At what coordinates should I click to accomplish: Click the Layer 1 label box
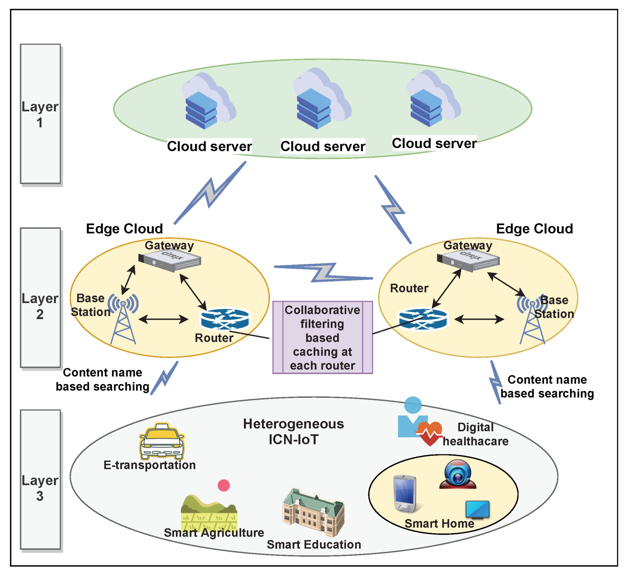click(40, 114)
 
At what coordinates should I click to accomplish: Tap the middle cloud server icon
click(321, 100)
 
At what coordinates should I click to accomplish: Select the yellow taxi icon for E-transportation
click(162, 441)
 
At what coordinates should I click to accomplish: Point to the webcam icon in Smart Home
click(458, 474)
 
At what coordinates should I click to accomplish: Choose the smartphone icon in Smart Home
click(405, 494)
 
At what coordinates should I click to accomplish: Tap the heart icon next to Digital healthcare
click(430, 433)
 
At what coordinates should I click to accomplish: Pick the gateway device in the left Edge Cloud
click(169, 260)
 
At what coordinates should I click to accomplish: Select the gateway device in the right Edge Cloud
click(468, 261)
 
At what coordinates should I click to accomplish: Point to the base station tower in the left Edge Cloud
click(123, 319)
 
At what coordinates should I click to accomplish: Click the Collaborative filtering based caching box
click(322, 337)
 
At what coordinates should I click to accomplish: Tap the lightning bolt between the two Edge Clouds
click(323, 273)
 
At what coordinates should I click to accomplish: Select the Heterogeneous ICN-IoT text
click(293, 431)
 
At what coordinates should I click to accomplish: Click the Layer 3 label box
click(40, 480)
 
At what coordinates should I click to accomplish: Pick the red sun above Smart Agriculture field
click(224, 485)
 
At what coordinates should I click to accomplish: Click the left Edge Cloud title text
click(124, 229)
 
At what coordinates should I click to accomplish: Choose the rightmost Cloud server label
click(434, 143)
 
